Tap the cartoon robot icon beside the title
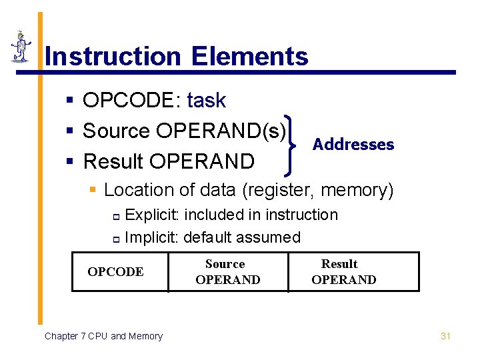(x=21, y=47)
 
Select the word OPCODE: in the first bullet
(x=131, y=101)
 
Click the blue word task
(x=206, y=101)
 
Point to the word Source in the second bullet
(x=116, y=131)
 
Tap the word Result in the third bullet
(x=114, y=161)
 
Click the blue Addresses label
(x=353, y=145)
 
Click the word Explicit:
(x=153, y=215)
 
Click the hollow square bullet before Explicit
(x=115, y=216)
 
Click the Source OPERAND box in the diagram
(x=227, y=272)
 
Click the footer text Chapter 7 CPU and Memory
(x=103, y=336)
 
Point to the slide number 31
(x=446, y=336)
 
